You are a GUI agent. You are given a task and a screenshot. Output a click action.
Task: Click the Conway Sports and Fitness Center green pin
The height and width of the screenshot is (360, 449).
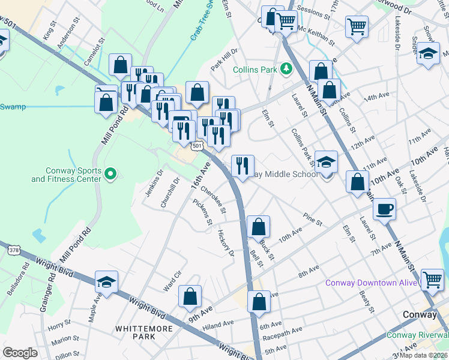110,174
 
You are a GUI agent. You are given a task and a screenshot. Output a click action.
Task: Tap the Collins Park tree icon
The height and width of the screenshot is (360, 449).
287,70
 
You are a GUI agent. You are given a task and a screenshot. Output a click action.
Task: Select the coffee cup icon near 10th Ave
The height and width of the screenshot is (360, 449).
384,209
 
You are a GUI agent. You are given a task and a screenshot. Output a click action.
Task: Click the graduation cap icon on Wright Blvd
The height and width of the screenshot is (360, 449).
106,282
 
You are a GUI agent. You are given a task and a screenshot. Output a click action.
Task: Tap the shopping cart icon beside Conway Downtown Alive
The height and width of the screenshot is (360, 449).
433,280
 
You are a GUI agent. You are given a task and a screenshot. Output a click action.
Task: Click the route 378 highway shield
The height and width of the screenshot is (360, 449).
13,248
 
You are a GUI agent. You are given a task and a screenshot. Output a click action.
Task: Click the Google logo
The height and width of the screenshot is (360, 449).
20,353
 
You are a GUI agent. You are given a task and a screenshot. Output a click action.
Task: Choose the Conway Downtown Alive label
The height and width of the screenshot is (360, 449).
370,283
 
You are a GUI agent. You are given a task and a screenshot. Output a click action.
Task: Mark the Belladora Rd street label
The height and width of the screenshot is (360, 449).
26,275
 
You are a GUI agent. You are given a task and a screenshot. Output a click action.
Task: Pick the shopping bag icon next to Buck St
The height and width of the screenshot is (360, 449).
258,227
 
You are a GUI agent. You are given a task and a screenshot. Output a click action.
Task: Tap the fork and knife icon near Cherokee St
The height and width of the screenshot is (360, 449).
243,166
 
